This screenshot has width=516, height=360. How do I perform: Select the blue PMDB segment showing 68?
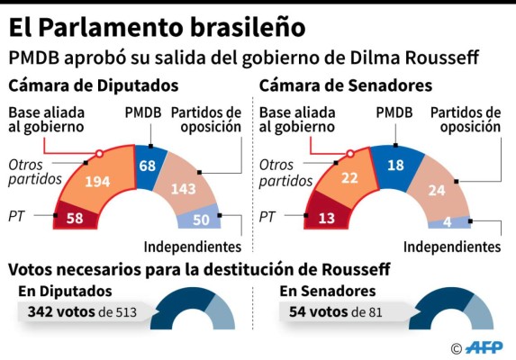147,166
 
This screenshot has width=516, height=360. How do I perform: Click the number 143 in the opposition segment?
187,189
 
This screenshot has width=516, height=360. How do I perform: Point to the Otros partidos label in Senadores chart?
284,173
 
